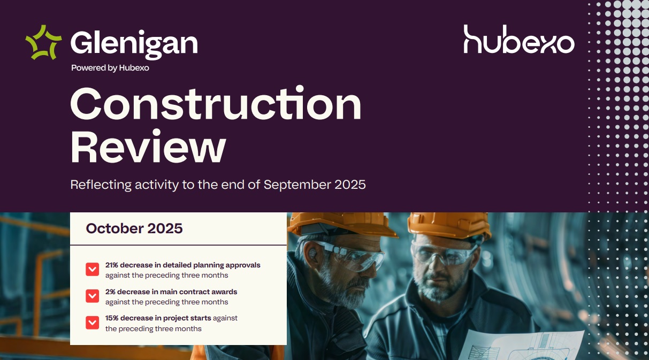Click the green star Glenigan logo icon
(x=43, y=42)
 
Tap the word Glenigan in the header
(x=134, y=43)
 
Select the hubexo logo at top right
(x=518, y=40)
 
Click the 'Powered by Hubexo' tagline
(x=110, y=68)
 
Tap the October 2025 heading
(x=134, y=228)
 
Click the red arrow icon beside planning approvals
(x=92, y=269)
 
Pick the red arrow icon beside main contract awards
(x=92, y=296)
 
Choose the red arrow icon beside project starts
(x=92, y=323)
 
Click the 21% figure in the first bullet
(x=112, y=265)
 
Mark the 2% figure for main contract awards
(x=110, y=292)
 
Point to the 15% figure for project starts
(x=112, y=318)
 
